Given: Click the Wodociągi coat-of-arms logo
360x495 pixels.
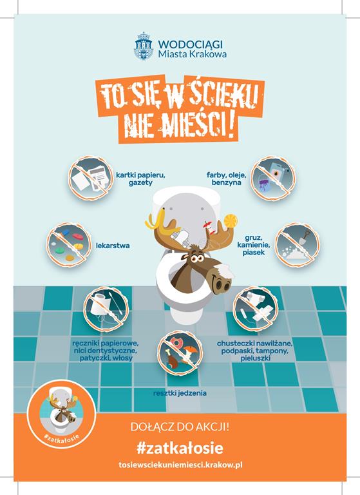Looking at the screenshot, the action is [x=144, y=46].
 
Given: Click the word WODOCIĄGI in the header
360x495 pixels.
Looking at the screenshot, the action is [x=190, y=44].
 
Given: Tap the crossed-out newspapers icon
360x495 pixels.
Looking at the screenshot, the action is [x=91, y=178].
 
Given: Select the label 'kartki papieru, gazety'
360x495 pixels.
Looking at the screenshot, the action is [x=141, y=179].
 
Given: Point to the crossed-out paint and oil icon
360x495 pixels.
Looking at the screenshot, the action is [x=273, y=178].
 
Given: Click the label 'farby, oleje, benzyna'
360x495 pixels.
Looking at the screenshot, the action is [x=226, y=179].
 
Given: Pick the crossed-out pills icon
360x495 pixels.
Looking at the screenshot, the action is [x=69, y=245].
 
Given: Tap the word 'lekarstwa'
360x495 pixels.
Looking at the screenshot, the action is [x=113, y=246].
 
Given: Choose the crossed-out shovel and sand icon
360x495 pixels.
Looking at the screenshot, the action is [x=297, y=245].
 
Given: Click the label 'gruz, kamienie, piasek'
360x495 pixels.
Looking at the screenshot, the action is [x=253, y=245].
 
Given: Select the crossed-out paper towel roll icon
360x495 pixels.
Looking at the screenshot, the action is [x=106, y=309].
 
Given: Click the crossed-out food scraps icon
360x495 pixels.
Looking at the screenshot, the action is [x=180, y=353].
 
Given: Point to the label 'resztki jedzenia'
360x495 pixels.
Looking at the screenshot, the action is [x=180, y=393].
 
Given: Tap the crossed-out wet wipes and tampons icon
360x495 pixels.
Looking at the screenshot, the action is [x=256, y=309].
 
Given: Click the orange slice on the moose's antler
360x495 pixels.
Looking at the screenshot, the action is [x=231, y=220].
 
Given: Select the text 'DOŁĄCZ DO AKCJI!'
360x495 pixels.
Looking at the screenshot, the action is [x=180, y=427].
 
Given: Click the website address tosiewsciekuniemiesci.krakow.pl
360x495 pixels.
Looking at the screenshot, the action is [x=180, y=465].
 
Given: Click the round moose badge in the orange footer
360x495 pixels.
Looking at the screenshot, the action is [x=61, y=414].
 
